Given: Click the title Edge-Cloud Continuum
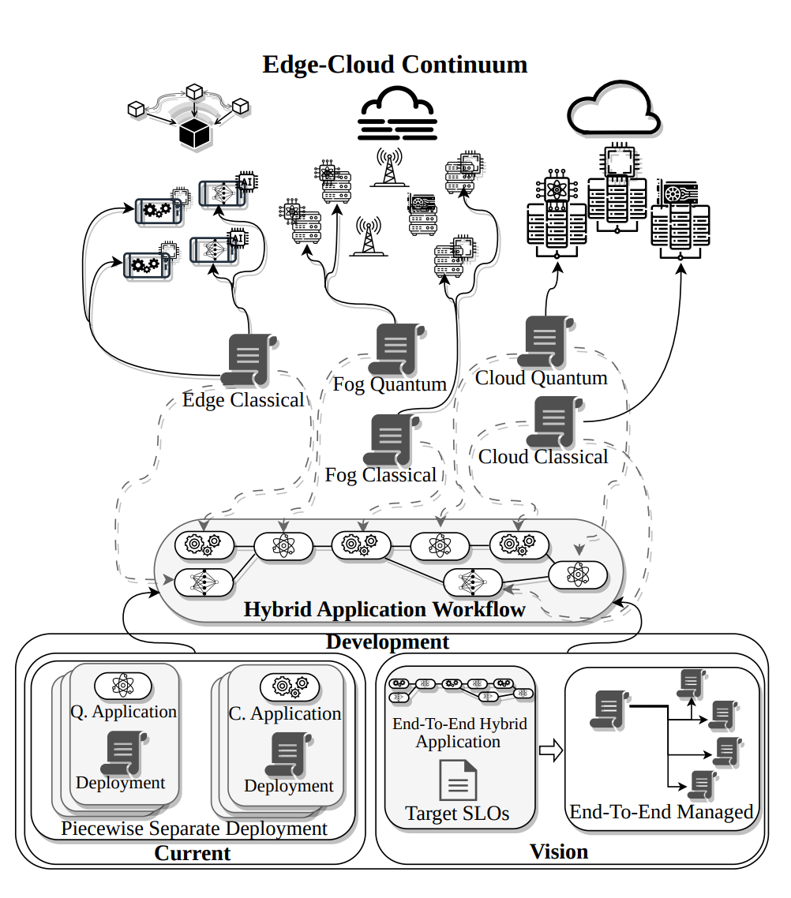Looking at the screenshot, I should click(x=395, y=64).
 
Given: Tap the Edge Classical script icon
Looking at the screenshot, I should click(x=251, y=359).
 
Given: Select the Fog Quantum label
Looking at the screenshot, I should click(x=390, y=384).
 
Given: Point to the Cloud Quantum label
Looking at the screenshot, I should click(x=542, y=378).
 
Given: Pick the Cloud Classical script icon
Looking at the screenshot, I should click(x=557, y=421).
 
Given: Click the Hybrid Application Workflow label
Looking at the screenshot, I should click(x=384, y=610).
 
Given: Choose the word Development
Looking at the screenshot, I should click(x=388, y=642).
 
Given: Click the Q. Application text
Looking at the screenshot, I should click(x=124, y=712).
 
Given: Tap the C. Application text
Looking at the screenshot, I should click(x=285, y=714).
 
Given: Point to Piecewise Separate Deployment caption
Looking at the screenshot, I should click(x=194, y=829).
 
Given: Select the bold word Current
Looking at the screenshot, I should click(x=193, y=853).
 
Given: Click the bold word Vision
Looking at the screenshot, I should click(x=559, y=851).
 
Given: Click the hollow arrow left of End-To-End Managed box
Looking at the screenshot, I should click(x=550, y=750).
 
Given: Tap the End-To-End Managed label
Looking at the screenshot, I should click(x=662, y=811).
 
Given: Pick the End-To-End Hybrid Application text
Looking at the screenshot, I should click(x=459, y=732).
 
